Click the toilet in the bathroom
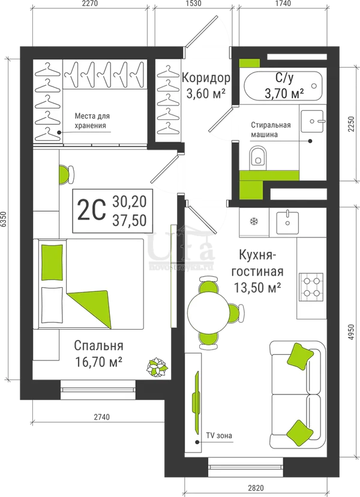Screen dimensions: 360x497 [257, 158]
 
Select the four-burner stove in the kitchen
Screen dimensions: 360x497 [311, 288]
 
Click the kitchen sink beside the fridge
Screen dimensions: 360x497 [287, 222]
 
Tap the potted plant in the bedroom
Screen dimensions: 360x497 [157, 367]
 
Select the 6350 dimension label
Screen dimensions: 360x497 [4, 219]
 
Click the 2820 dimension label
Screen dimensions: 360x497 [256, 488]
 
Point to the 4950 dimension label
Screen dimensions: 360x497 [350, 333]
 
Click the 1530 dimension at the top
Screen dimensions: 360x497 [193, 4]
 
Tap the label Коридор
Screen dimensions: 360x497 [206, 77]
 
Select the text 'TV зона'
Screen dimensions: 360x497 [219, 435]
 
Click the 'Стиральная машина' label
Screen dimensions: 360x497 [271, 129]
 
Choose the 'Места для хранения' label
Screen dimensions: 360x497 [92, 121]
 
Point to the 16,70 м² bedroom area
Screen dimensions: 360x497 [99, 362]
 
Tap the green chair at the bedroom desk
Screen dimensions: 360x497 [66, 174]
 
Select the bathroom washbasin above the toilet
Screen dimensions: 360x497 [312, 121]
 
